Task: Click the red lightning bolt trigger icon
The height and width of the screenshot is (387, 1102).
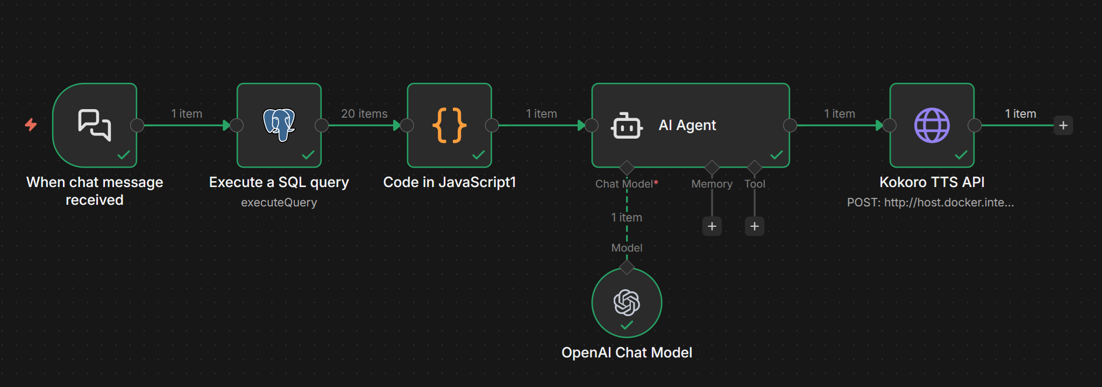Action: coord(31,125)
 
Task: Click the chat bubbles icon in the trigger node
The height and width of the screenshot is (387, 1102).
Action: coord(95,125)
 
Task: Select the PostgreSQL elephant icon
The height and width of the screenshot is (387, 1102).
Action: coord(279,125)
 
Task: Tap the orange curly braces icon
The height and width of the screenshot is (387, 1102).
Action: coord(449,125)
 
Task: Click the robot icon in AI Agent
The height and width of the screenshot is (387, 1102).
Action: coord(627,126)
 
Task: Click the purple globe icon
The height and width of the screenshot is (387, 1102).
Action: coord(932,125)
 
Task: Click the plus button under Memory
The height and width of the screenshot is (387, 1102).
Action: coord(712,226)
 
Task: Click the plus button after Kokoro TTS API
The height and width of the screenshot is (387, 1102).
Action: coord(1063,125)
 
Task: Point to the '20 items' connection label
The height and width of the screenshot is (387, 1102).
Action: coord(364,113)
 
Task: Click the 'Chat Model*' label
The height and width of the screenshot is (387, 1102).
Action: coord(626,184)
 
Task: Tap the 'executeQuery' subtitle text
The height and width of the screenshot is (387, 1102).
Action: coord(279,203)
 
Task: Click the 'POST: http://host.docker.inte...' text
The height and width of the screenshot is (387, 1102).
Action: coord(930,203)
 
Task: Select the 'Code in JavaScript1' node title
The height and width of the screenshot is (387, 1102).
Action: coord(449,182)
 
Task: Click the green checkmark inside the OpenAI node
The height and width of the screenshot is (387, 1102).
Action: coord(627,325)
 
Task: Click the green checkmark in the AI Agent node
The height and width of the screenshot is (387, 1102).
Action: coord(776,155)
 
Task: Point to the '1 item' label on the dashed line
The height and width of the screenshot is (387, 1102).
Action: coord(626,217)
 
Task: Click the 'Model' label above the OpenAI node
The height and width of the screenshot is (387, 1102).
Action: coord(627,248)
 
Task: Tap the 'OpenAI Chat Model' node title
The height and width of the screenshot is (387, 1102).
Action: coord(627,353)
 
